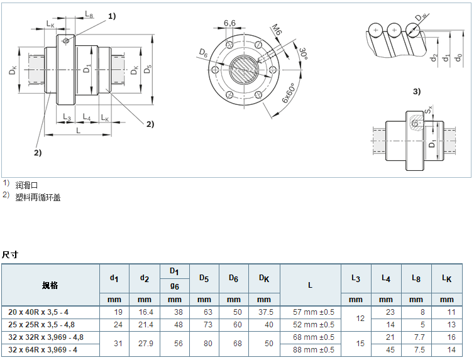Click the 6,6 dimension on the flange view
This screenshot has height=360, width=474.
[229, 23]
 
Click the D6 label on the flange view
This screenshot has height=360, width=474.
[203, 52]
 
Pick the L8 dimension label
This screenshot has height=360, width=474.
[89, 14]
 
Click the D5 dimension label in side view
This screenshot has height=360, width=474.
[148, 69]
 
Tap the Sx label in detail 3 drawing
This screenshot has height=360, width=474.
[427, 111]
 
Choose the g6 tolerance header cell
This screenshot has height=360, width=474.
[175, 285]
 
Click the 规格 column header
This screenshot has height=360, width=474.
[50, 285]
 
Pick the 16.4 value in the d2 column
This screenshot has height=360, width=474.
[145, 312]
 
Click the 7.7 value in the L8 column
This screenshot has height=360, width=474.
[416, 337]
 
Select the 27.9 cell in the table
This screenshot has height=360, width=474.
[145, 344]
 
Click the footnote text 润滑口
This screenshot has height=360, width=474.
[28, 185]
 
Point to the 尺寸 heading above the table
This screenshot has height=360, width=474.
[10, 254]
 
